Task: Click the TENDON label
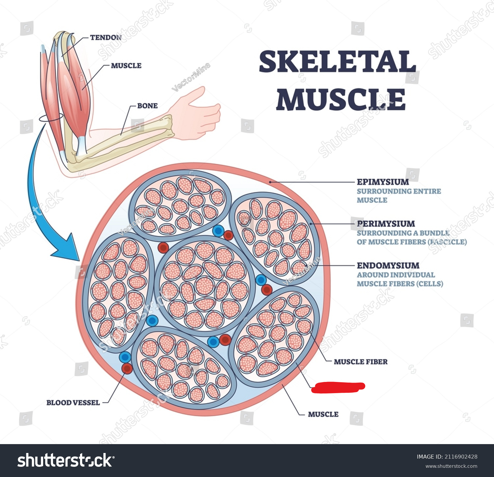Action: (106, 38)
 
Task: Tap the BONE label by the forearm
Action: (147, 106)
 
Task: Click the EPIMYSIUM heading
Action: (383, 182)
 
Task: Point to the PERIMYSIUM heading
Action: (386, 224)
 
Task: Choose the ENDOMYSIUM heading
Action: (388, 265)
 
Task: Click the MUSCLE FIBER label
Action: (361, 362)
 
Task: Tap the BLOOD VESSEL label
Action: (73, 403)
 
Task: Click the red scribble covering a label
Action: (338, 387)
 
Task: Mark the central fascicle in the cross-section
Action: (205, 285)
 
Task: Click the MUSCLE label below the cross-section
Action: (323, 414)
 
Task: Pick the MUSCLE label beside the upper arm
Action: (126, 66)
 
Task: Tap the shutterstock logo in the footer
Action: (66, 460)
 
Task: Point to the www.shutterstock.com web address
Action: (451, 466)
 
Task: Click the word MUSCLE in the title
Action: (341, 99)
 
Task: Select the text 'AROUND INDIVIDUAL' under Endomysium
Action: (396, 275)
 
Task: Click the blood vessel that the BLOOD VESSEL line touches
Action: (127, 368)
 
